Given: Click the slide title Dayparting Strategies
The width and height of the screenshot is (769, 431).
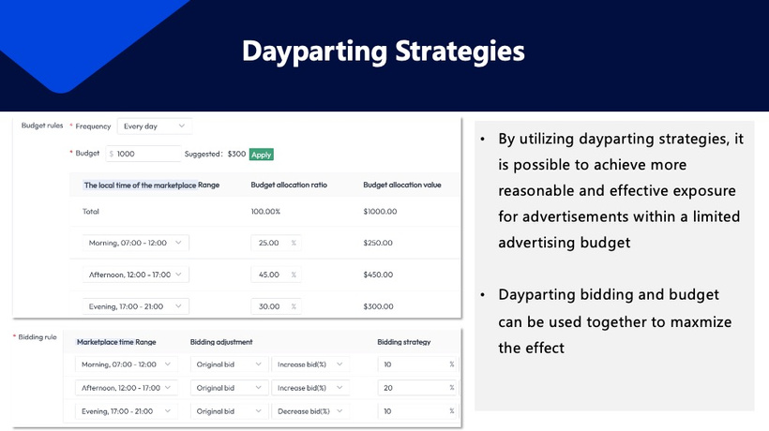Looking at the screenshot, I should (384, 51).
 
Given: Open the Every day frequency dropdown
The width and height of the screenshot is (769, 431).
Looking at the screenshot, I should (155, 126).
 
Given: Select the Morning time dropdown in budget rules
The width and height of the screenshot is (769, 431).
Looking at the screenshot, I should (135, 243).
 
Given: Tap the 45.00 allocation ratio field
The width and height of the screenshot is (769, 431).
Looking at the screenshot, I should (275, 275).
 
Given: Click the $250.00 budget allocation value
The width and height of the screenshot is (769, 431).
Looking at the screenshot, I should (380, 243).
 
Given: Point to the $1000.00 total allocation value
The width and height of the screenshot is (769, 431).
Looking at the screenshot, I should (382, 212).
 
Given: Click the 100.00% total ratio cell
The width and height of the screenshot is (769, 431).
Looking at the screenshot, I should (265, 212).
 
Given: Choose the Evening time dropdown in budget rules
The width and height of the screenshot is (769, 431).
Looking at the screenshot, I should (135, 306).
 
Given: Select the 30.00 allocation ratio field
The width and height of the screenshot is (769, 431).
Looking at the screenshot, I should (275, 306).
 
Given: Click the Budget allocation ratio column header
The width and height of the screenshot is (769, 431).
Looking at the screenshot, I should (289, 185).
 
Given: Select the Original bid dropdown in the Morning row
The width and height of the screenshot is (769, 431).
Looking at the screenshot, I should (228, 364).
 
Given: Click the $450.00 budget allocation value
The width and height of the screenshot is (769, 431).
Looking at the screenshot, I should (380, 275).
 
